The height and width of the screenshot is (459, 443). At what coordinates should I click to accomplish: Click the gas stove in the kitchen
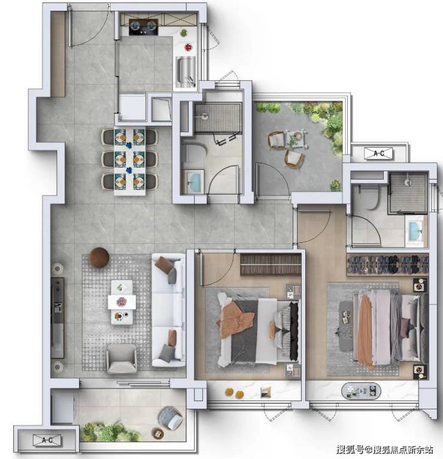(144, 27)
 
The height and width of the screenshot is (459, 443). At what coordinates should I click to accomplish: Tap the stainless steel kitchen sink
(186, 72)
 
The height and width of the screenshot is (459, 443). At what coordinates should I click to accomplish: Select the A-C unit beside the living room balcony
(47, 440)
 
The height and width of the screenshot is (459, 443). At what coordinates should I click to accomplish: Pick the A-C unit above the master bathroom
(378, 153)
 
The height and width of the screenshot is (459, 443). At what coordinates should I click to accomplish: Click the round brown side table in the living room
(99, 257)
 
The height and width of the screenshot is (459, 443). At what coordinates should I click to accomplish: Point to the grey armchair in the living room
(122, 358)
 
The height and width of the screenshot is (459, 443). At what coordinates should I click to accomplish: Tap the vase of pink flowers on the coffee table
(121, 301)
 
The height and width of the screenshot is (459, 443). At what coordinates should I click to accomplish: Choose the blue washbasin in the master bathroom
(415, 231)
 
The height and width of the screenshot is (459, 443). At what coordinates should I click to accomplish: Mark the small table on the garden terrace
(297, 138)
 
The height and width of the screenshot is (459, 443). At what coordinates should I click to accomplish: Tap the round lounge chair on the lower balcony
(171, 418)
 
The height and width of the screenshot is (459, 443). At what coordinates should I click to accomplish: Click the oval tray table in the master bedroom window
(361, 391)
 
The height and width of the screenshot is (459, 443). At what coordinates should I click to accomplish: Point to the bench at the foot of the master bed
(346, 326)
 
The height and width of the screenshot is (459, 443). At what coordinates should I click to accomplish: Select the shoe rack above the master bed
(387, 265)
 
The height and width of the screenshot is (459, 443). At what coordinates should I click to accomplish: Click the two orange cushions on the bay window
(235, 393)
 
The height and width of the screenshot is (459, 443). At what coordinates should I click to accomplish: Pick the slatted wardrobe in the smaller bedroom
(271, 265)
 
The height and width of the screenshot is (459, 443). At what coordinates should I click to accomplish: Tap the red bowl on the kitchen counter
(188, 47)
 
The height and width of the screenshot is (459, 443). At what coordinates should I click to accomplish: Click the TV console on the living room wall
(57, 318)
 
